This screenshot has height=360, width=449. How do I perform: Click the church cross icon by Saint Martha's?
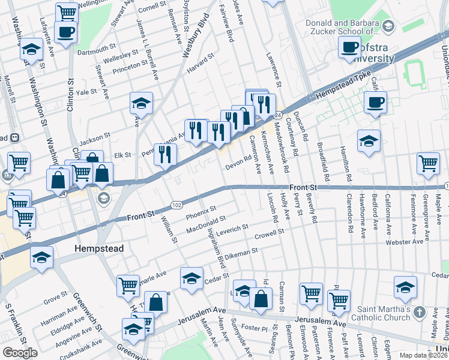point(419,313)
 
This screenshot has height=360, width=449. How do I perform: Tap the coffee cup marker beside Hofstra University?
point(349,47)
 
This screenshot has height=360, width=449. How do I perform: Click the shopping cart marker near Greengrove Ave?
point(428,163)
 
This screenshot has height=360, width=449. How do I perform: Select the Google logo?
point(20,352)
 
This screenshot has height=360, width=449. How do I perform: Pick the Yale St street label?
point(86,92)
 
